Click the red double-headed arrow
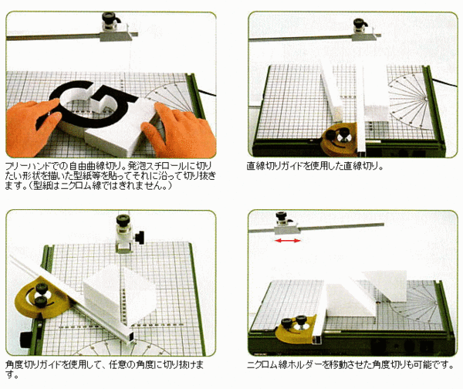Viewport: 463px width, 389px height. point(288,241)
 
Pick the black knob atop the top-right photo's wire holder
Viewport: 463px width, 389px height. point(360,22)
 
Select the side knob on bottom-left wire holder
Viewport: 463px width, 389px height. point(140,238)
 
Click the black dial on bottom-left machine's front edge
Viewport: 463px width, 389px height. point(26,339)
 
